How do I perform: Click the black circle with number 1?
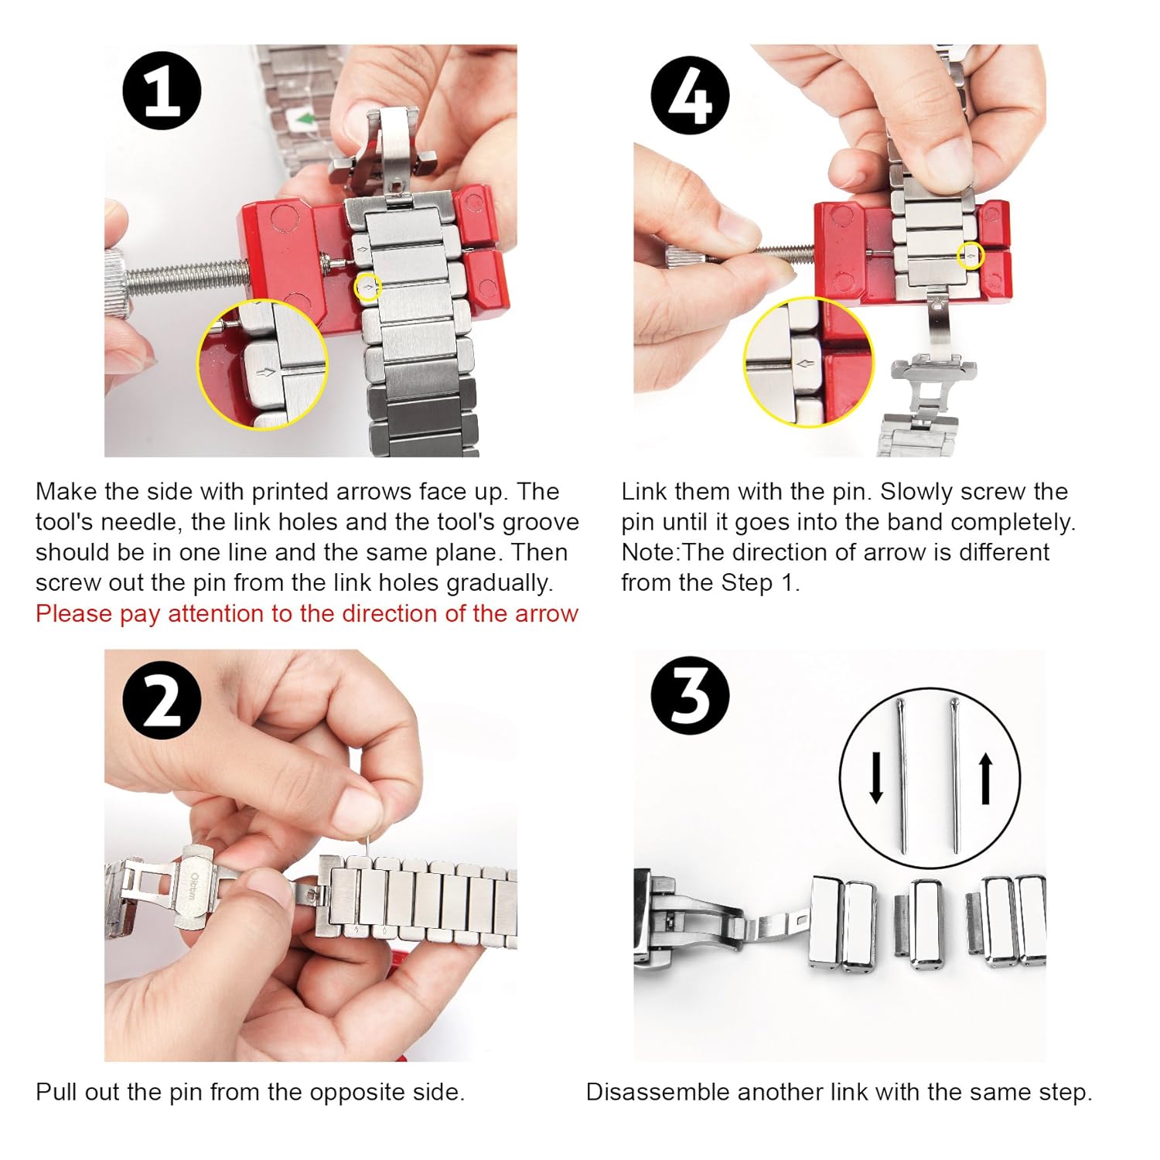(162, 90)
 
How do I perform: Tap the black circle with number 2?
(162, 699)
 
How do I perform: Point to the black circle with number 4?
(690, 96)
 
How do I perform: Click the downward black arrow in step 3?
(876, 778)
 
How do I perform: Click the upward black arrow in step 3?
(986, 780)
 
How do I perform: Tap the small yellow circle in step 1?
(367, 288)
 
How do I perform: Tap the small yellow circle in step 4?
(971, 255)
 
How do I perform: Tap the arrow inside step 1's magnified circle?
(268, 373)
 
